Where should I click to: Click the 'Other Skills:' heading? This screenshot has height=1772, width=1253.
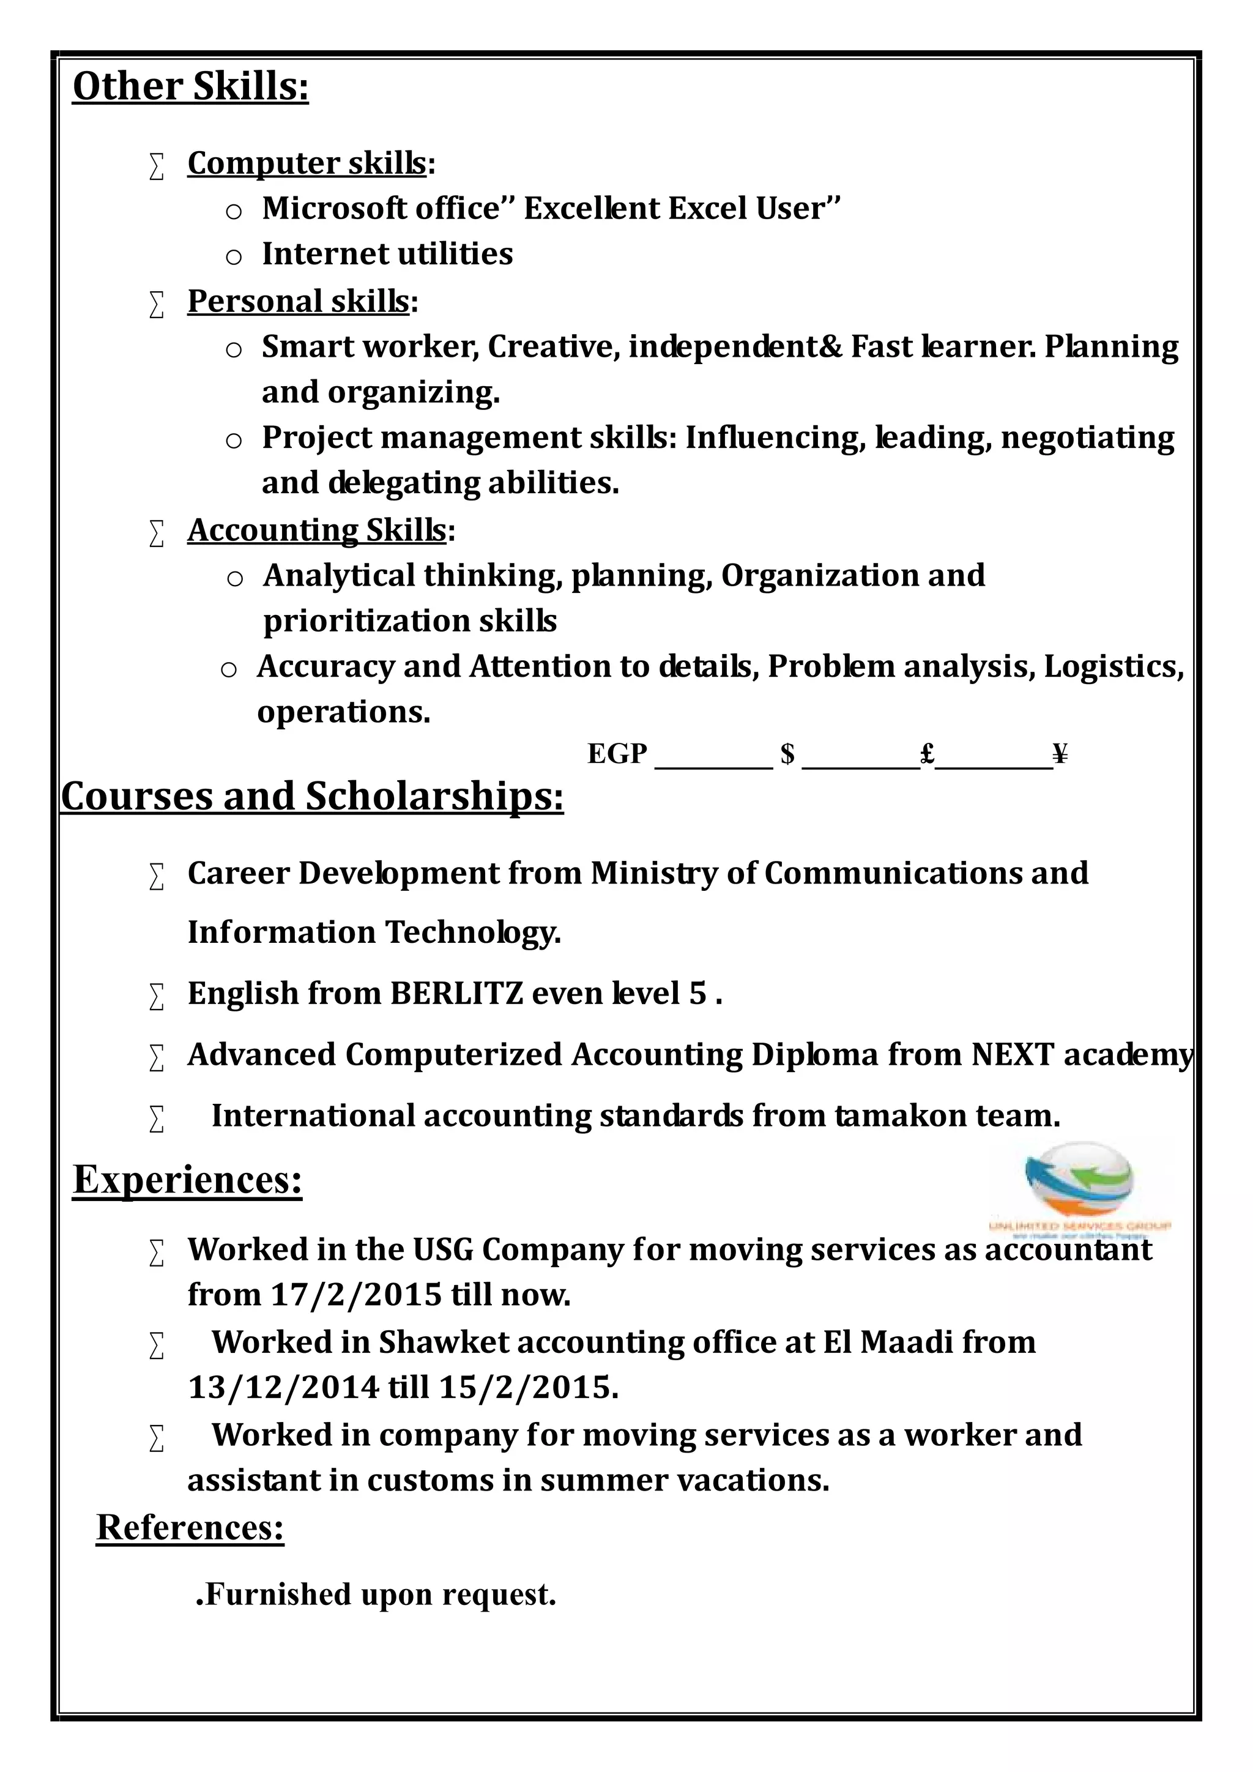pos(190,86)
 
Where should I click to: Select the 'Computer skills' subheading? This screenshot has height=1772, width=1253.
pos(307,163)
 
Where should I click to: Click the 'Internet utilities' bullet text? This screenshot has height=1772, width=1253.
pos(387,254)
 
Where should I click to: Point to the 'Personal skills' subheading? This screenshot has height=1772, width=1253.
pos(299,301)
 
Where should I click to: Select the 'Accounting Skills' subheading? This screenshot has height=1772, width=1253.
pos(317,530)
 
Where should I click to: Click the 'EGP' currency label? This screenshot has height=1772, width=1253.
pos(617,753)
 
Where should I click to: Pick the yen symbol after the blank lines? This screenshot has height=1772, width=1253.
pos(1060,753)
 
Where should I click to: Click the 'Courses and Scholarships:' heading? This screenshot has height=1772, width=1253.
pos(313,797)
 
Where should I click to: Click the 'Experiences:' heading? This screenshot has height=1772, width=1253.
pos(187,1179)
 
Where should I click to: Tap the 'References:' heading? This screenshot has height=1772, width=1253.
pos(190,1527)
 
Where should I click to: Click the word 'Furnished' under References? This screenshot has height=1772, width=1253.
pos(278,1594)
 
